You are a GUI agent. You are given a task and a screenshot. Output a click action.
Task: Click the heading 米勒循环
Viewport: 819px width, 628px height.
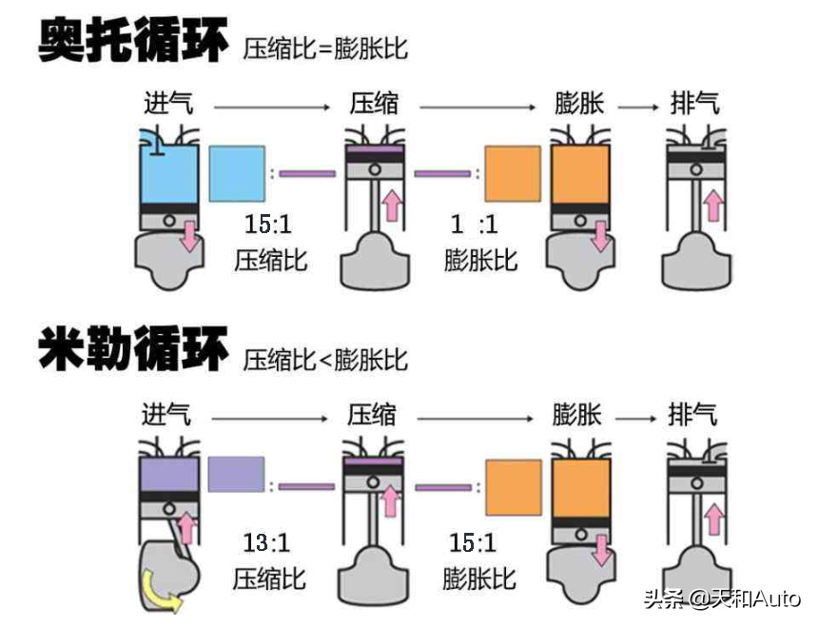click(x=133, y=349)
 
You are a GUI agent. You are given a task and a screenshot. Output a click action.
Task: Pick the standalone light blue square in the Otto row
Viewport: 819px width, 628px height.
click(x=236, y=173)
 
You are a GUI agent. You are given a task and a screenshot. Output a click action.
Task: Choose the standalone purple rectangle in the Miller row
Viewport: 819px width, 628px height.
click(x=236, y=474)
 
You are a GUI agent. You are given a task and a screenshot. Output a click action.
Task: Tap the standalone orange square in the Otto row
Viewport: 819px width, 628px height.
click(x=512, y=173)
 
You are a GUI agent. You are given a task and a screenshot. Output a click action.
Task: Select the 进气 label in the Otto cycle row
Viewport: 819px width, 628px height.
click(x=168, y=103)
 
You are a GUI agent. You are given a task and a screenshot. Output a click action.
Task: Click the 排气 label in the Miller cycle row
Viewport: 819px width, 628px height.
click(x=692, y=415)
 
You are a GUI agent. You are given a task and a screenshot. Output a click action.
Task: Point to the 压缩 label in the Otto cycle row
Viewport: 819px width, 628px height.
click(x=374, y=103)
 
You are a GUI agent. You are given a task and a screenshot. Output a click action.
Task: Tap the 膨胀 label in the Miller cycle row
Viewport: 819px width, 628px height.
click(x=577, y=415)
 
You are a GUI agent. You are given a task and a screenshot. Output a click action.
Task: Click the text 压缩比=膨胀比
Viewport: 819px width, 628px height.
click(x=325, y=48)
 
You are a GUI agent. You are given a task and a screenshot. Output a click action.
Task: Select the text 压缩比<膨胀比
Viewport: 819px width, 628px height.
click(x=325, y=359)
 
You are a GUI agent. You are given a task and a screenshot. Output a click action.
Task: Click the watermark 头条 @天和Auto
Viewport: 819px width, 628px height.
click(x=722, y=599)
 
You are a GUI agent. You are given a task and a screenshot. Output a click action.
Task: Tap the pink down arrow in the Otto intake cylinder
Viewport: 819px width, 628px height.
click(x=190, y=235)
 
